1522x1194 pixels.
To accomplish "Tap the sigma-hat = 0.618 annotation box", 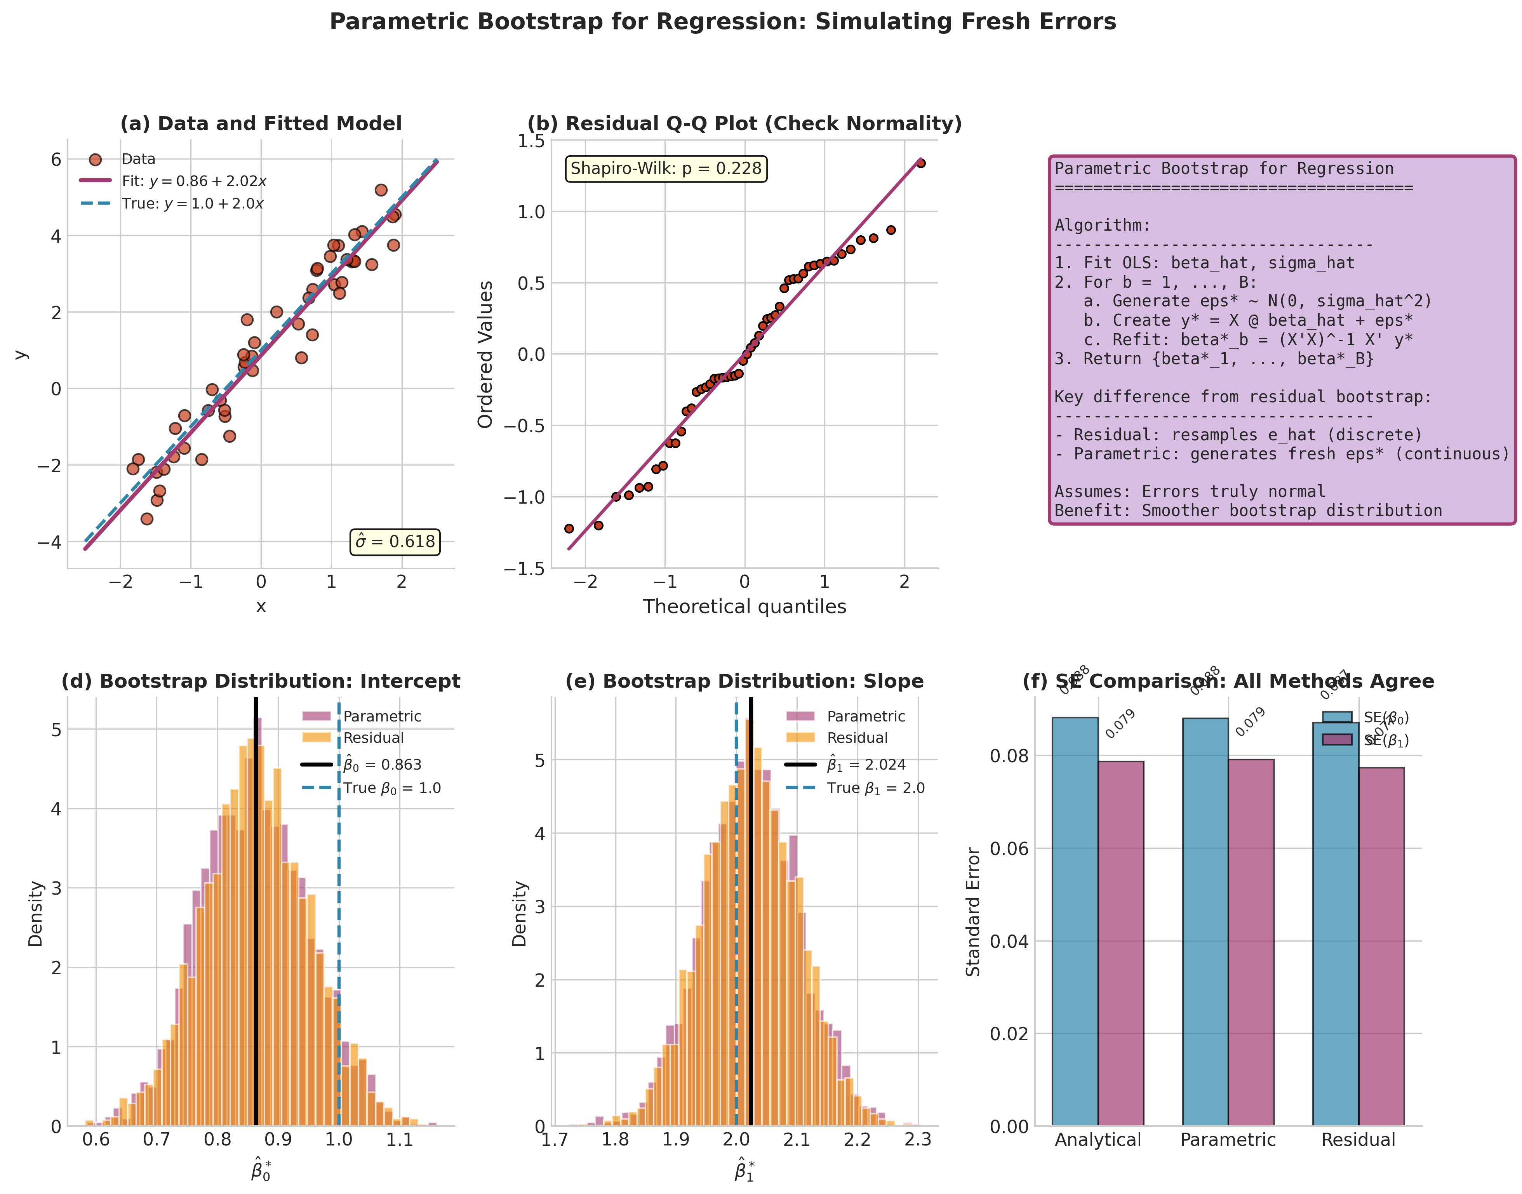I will [x=395, y=542].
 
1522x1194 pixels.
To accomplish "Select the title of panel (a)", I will [x=261, y=124].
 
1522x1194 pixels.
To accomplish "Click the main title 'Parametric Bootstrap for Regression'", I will [x=722, y=22].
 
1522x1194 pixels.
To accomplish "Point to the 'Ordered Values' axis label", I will [x=485, y=355].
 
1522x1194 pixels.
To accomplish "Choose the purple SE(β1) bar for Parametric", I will [x=1251, y=944].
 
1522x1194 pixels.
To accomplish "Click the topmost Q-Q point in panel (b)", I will [x=920, y=163].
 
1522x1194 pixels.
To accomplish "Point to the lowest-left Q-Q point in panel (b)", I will [x=569, y=528].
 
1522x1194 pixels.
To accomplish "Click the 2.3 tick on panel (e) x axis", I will [x=917, y=1140].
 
